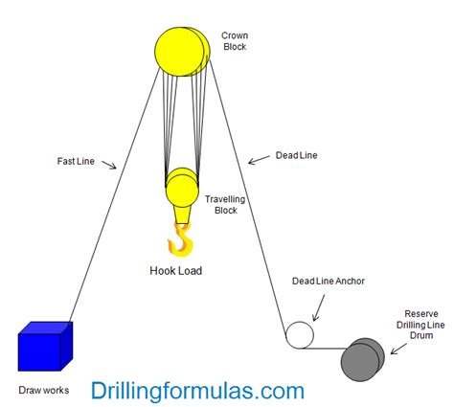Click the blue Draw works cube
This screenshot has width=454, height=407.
tap(45, 347)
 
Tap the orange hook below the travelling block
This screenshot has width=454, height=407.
tap(181, 240)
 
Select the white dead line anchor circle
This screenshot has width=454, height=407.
tap(300, 335)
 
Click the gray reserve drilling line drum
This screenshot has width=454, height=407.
tap(362, 359)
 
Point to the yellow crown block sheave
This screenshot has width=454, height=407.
tap(182, 52)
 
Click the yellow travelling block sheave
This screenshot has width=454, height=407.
tap(182, 188)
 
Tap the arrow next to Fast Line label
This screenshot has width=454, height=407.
tap(109, 165)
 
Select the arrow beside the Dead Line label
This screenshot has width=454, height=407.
tap(259, 160)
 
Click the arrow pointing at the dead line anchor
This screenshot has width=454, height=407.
tap(319, 307)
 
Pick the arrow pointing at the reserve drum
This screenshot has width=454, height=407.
tap(398, 349)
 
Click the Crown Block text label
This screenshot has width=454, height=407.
tap(235, 41)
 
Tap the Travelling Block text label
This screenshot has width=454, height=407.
tap(225, 205)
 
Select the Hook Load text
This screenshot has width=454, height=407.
tap(176, 271)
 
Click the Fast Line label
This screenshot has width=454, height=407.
tap(76, 161)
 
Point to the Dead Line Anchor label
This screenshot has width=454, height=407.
tap(329, 281)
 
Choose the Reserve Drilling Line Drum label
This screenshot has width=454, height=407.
tap(420, 325)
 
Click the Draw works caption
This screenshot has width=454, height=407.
tap(44, 390)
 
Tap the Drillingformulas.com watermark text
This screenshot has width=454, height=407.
tap(197, 391)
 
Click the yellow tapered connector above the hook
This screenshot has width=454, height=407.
tap(182, 215)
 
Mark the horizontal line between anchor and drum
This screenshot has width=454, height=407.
tap(324, 349)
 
